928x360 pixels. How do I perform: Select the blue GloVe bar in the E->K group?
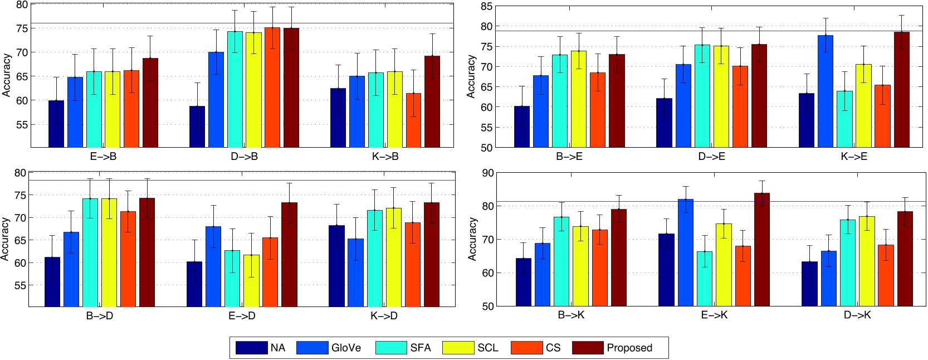pyautogui.click(x=686, y=252)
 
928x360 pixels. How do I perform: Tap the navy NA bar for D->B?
pyautogui.click(x=197, y=127)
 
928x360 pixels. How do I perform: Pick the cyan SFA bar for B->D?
pyautogui.click(x=90, y=252)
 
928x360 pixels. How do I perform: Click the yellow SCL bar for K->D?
pyautogui.click(x=393, y=257)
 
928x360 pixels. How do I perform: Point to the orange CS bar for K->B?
pyautogui.click(x=413, y=120)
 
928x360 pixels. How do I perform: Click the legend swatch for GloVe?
pyautogui.click(x=312, y=348)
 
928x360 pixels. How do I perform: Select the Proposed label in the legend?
pyautogui.click(x=629, y=348)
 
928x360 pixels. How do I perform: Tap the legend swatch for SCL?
pyautogui.click(x=458, y=348)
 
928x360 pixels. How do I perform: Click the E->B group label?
pyautogui.click(x=103, y=157)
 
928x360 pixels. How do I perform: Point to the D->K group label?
pyautogui.click(x=857, y=315)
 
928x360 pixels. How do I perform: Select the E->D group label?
pyautogui.click(x=242, y=316)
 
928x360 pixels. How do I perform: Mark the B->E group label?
pyautogui.click(x=569, y=157)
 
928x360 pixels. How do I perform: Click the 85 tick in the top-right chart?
pyautogui.click(x=486, y=7)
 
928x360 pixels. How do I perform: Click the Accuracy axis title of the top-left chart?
pyautogui.click(x=7, y=75)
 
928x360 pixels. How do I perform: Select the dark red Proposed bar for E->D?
pyautogui.click(x=289, y=254)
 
